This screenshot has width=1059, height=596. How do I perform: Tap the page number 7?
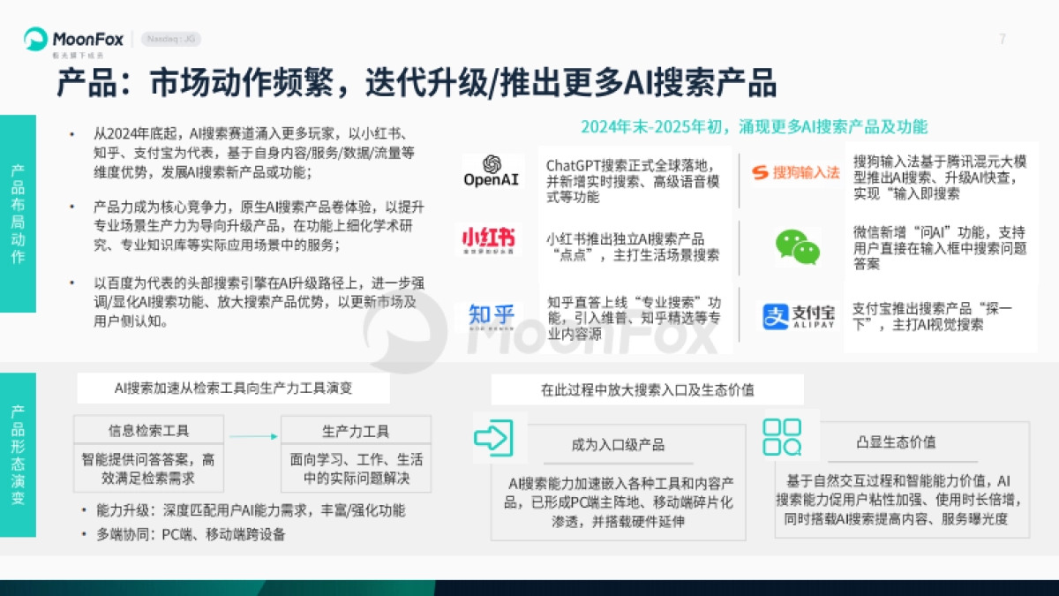(x=1002, y=39)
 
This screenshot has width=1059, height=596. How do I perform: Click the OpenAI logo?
(x=492, y=171)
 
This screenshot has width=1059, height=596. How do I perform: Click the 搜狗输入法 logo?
(x=795, y=172)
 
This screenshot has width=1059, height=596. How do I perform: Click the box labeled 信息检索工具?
(x=148, y=431)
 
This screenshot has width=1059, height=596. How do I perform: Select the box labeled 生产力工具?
(x=356, y=431)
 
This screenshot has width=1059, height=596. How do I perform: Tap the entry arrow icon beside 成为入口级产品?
(x=494, y=436)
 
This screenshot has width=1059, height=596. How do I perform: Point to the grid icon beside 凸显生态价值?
(x=782, y=436)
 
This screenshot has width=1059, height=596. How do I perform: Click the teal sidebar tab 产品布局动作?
(x=18, y=213)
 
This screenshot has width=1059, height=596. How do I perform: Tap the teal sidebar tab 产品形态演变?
(x=18, y=455)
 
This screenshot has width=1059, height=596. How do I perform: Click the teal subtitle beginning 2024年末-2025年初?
(x=754, y=126)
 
